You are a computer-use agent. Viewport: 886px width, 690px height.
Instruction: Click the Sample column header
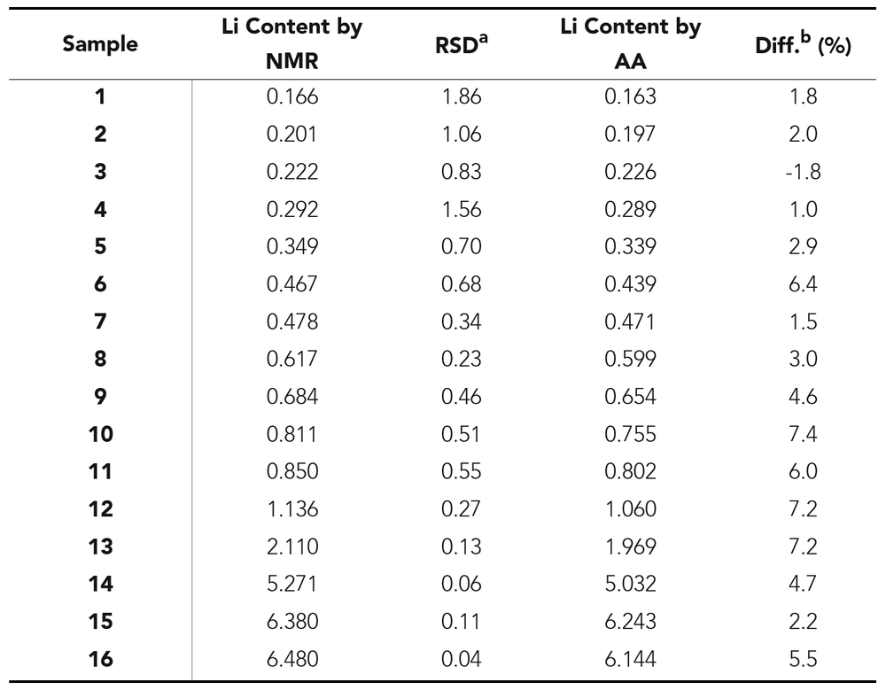(100, 44)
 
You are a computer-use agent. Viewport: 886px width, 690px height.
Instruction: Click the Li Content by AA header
(630, 44)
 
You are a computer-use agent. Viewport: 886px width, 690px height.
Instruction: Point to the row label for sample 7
(100, 322)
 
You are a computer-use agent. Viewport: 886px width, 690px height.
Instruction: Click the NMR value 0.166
(291, 97)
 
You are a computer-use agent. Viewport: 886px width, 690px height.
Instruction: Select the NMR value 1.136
(291, 508)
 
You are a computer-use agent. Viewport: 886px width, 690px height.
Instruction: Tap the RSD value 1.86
(461, 97)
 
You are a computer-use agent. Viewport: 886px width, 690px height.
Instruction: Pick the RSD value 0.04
(461, 658)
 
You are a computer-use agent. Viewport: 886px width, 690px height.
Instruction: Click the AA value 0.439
(630, 284)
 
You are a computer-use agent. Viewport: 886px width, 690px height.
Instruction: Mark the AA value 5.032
(630, 584)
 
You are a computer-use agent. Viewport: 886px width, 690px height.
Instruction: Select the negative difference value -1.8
(803, 172)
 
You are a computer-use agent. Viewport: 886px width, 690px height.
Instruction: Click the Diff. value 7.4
(803, 434)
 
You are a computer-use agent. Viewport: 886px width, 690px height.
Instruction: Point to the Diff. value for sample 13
(803, 546)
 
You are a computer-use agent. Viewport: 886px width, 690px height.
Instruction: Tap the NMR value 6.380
(291, 621)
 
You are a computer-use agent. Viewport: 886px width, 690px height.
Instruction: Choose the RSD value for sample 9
(461, 396)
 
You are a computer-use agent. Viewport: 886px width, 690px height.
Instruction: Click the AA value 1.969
(630, 546)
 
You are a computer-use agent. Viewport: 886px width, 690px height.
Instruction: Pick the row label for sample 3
(100, 172)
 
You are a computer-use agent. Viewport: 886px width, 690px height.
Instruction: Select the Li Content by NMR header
(291, 44)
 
